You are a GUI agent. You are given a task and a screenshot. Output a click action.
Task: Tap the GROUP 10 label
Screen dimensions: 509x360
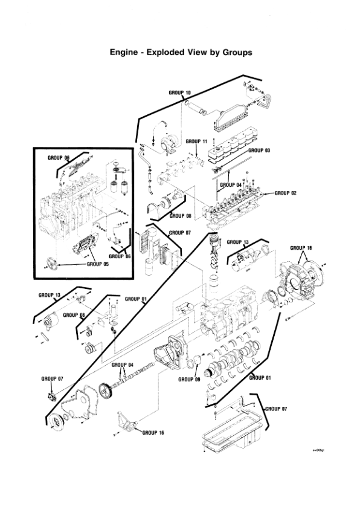pyautogui.click(x=179, y=92)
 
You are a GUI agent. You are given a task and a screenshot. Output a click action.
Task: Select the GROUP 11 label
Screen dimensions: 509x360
pyautogui.click(x=196, y=140)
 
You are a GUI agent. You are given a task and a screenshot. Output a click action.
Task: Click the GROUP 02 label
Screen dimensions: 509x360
pyautogui.click(x=286, y=193)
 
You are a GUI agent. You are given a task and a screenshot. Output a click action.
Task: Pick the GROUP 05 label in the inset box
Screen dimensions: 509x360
pyautogui.click(x=98, y=264)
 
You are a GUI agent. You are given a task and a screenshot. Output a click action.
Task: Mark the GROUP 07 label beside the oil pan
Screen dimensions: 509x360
pyautogui.click(x=277, y=409)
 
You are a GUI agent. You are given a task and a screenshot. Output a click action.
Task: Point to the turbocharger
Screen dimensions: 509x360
pyautogui.click(x=167, y=144)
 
